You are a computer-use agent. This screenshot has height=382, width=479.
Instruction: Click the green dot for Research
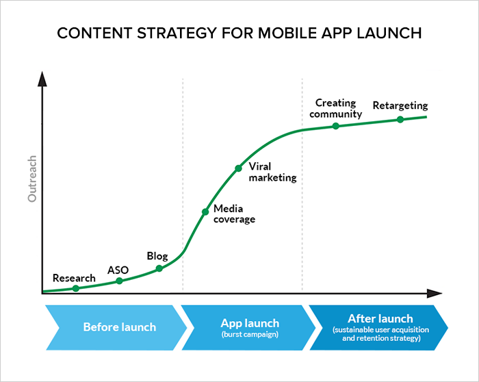tap(76, 288)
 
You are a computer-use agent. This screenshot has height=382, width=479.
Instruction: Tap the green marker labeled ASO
tap(120, 281)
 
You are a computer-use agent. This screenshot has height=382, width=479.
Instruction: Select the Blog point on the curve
tap(159, 268)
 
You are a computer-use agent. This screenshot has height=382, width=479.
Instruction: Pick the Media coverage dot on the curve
tap(205, 212)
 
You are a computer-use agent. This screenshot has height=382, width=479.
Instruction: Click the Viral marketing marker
tap(238, 168)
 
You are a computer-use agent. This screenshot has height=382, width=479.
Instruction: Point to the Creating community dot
tap(336, 126)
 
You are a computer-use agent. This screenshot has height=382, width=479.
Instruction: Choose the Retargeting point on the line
tap(400, 120)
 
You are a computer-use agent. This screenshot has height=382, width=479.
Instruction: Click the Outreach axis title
tap(32, 179)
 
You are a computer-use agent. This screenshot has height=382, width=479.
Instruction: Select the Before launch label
tap(120, 327)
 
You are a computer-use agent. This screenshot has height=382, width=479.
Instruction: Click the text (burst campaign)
tap(250, 334)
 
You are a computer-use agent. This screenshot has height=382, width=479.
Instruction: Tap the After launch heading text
tap(380, 319)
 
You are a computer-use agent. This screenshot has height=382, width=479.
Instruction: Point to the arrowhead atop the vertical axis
tap(42, 79)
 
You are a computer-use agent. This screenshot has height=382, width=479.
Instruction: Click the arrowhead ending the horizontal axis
tap(434, 294)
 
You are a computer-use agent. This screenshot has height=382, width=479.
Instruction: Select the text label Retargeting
tap(400, 105)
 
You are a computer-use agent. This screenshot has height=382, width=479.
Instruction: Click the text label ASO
tap(118, 270)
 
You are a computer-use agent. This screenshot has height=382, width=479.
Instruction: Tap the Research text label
tap(74, 278)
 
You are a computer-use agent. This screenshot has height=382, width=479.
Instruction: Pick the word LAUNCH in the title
tap(389, 33)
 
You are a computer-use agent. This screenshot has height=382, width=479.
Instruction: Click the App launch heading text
tap(250, 323)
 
